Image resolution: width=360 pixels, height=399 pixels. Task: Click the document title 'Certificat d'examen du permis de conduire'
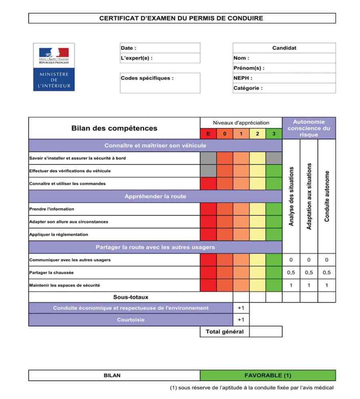(181, 18)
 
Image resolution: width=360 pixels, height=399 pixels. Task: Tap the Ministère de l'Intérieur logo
(54, 67)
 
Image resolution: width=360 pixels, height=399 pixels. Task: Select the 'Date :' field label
(129, 48)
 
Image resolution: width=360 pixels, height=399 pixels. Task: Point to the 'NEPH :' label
(243, 78)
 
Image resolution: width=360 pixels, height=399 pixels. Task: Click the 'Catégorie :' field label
(248, 88)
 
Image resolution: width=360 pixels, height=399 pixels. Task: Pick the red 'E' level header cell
(208, 134)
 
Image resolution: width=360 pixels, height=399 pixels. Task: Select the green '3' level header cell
(274, 134)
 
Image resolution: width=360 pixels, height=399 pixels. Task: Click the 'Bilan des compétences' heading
(114, 128)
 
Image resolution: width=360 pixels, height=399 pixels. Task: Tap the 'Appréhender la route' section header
(155, 196)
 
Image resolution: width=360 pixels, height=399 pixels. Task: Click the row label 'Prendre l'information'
(52, 209)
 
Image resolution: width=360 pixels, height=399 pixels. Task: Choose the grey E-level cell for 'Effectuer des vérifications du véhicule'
(208, 171)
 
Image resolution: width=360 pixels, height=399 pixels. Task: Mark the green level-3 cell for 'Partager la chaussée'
(274, 273)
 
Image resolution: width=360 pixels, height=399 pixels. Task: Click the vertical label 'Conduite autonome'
(327, 196)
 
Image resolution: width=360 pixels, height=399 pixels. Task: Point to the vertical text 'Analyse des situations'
(291, 196)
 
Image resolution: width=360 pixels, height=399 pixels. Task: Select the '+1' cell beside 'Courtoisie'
(241, 320)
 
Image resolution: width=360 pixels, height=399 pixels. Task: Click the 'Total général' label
(224, 331)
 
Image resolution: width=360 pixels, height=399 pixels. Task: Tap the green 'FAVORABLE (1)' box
(268, 375)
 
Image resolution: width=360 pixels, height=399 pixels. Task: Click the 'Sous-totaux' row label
(130, 297)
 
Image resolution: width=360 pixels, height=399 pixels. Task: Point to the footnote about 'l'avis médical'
(252, 387)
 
